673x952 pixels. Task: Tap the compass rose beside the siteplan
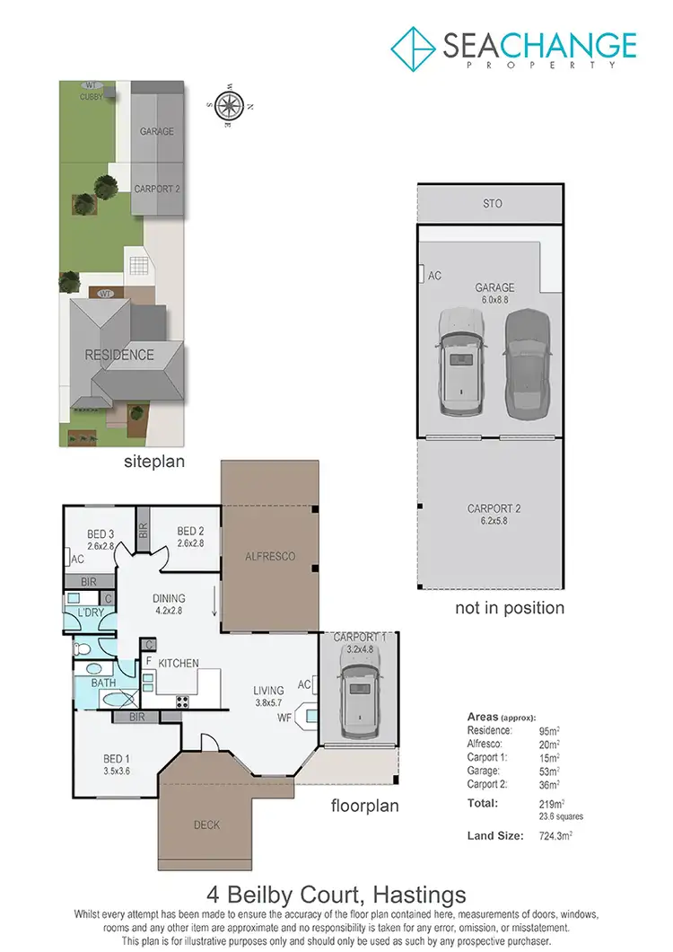pos(231,104)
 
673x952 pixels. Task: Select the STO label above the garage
pos(493,204)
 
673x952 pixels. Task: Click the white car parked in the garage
pos(460,364)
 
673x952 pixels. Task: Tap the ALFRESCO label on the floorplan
pos(270,557)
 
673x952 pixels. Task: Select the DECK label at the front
pos(206,824)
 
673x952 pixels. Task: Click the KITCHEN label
pos(179,663)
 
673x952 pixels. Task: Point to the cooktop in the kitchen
pos(183,701)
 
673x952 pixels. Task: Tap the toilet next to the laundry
pos(83,646)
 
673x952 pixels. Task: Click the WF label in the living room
pos(284,717)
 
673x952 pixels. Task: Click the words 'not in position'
pos(510,608)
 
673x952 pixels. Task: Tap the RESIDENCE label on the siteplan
pos(119,355)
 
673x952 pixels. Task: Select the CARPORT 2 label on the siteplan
pos(157,190)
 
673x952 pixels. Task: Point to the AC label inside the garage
pos(435,275)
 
